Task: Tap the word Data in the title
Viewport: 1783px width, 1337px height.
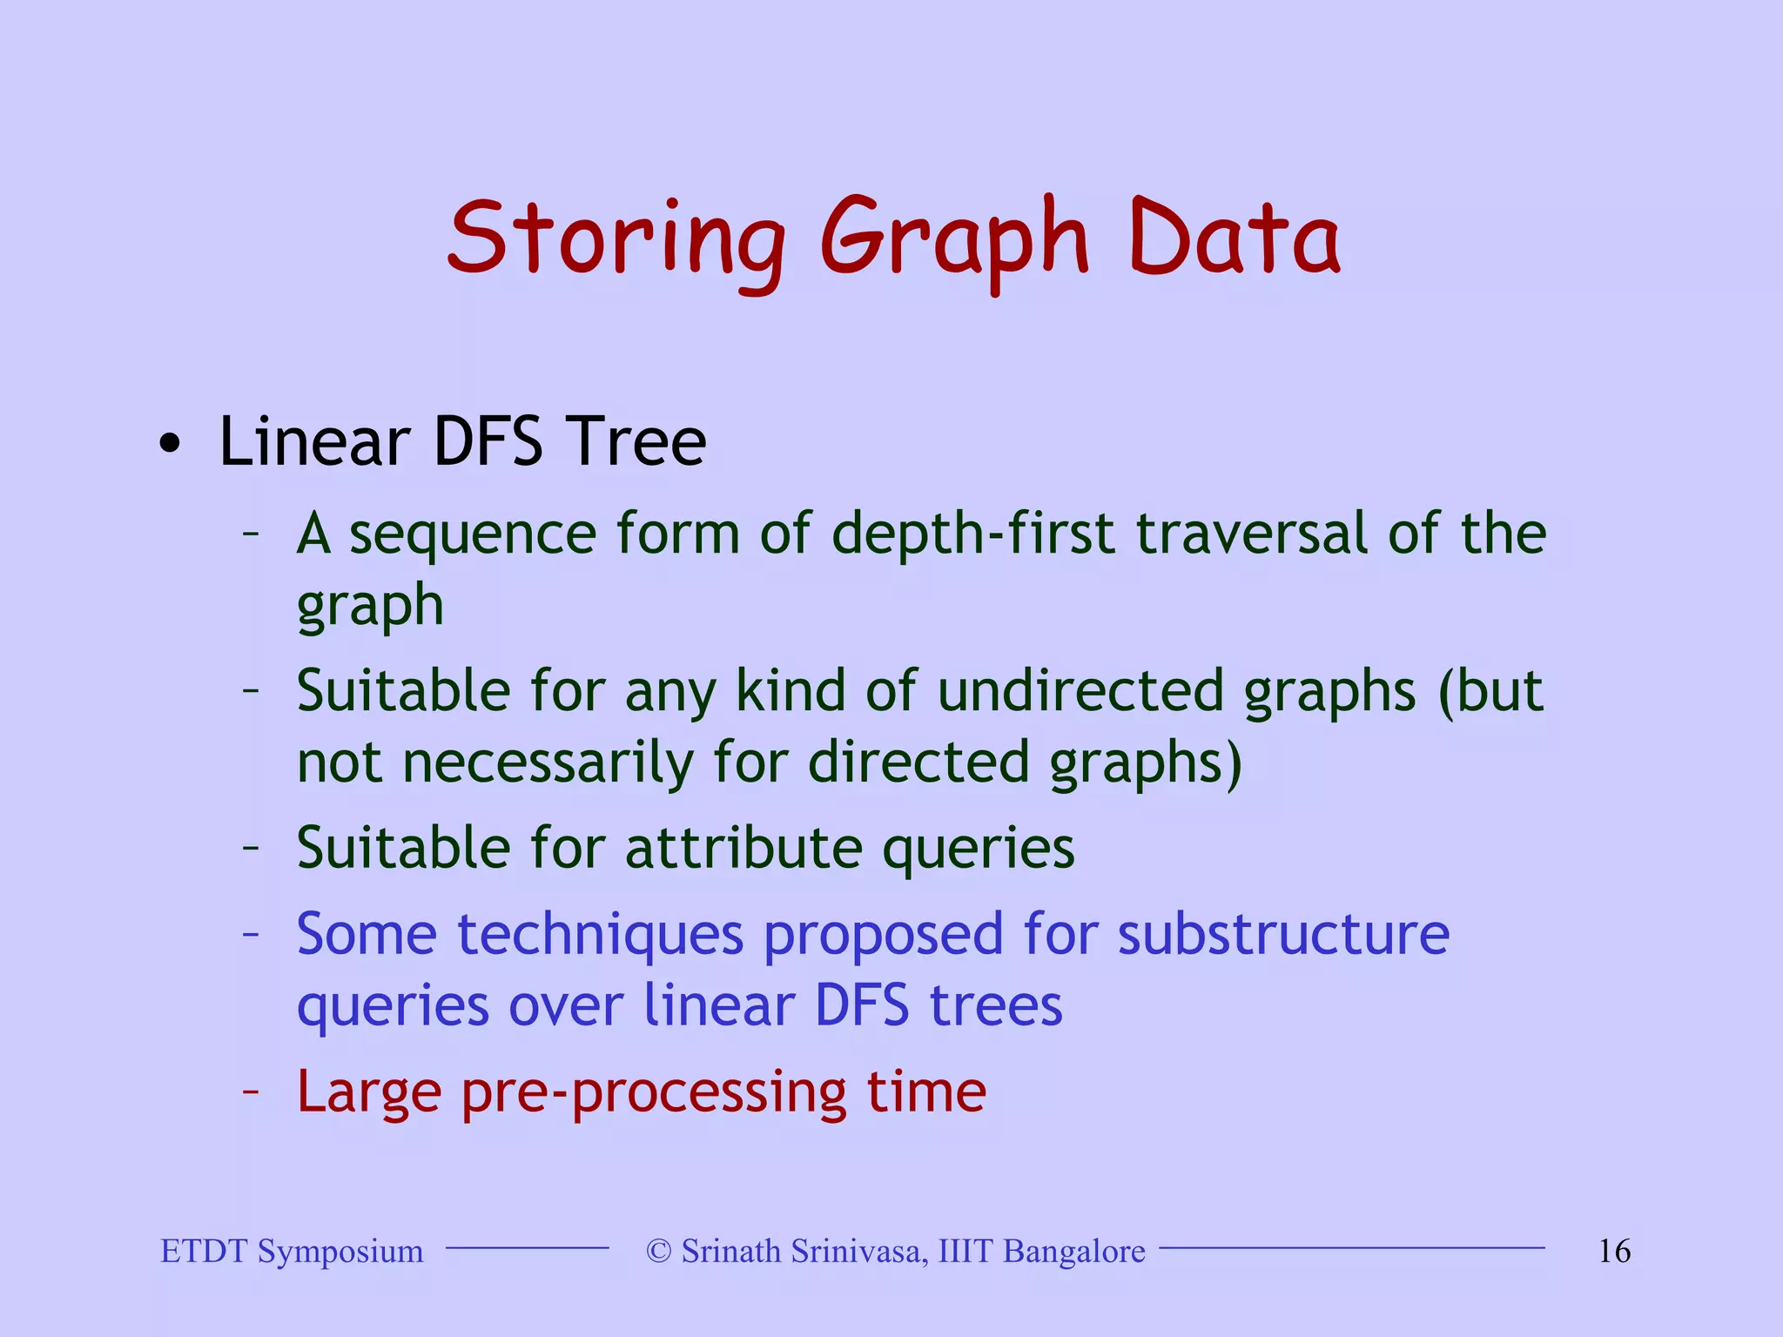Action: click(x=1234, y=237)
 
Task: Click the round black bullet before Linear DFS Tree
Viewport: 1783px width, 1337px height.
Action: click(x=171, y=445)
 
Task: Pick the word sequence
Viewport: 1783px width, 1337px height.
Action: click(x=473, y=534)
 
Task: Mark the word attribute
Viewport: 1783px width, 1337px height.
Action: click(x=743, y=848)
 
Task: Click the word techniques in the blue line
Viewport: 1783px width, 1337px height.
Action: click(x=601, y=935)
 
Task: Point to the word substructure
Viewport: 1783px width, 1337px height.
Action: click(x=1283, y=935)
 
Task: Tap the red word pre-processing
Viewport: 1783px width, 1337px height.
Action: click(x=653, y=1092)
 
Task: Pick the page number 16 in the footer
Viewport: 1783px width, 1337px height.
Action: click(x=1614, y=1252)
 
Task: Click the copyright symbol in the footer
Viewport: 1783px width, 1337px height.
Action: click(x=659, y=1252)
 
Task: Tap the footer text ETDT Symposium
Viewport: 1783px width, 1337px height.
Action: click(x=292, y=1252)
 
